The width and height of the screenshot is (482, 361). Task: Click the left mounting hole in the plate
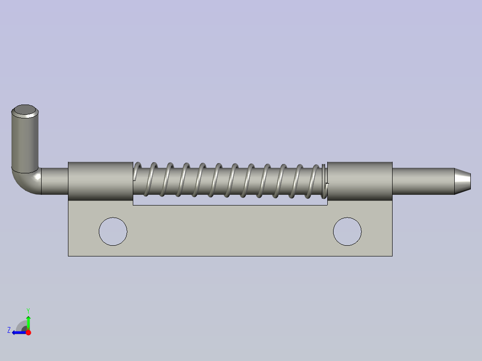pos(113,231)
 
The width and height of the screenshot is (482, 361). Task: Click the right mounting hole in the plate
pos(347,231)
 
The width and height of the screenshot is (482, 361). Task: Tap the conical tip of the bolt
pos(463,181)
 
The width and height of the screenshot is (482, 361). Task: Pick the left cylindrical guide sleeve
pos(101,181)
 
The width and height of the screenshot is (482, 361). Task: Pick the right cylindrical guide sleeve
pos(359,181)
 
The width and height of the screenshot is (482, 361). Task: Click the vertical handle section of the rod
pos(25,140)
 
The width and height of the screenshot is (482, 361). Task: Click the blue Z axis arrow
pos(19,332)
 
